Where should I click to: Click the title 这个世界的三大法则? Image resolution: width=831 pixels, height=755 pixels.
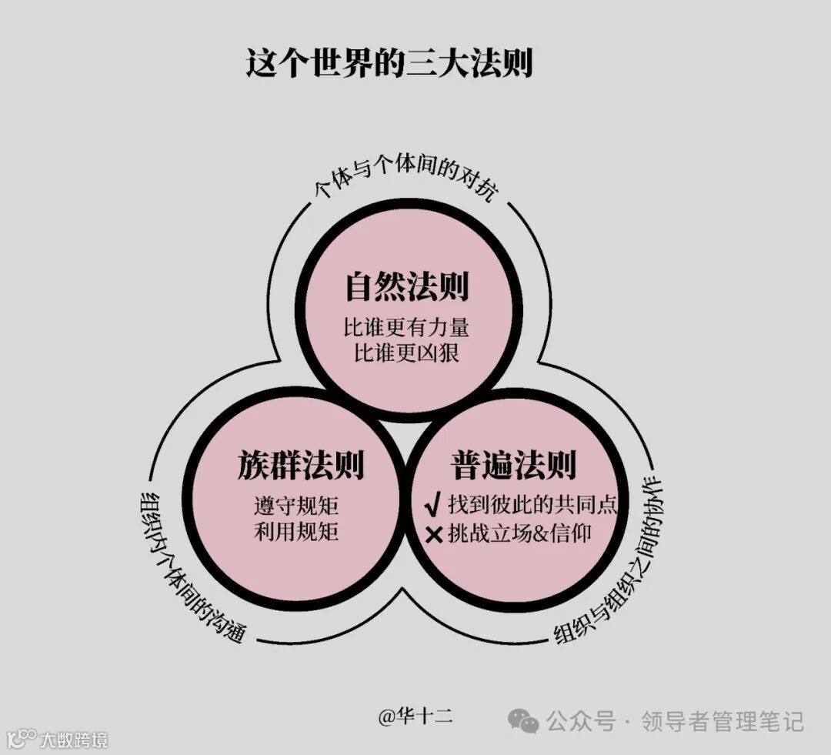[x=389, y=63]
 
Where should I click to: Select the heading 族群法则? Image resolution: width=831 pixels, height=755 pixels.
[x=301, y=466]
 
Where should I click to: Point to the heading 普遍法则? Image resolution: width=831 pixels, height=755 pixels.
[x=513, y=466]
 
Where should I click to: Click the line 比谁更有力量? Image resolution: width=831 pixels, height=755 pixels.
[x=406, y=327]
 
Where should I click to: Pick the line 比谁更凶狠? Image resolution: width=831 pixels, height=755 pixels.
[x=406, y=353]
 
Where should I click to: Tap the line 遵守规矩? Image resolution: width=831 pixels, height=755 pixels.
[x=296, y=506]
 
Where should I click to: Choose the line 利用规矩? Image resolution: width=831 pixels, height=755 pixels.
[x=296, y=532]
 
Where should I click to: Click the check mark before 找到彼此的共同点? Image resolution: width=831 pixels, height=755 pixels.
[x=432, y=506]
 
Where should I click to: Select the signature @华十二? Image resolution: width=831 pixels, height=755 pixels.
[x=415, y=717]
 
